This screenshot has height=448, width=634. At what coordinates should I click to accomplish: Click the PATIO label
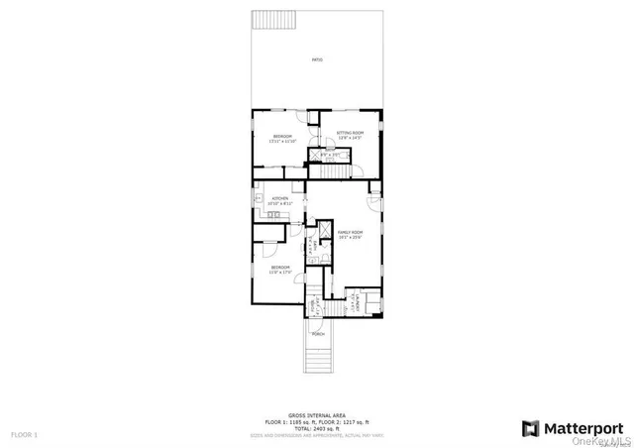(x=317, y=60)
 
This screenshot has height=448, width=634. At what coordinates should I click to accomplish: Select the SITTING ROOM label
(x=350, y=134)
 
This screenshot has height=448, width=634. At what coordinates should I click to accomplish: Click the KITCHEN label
(x=279, y=200)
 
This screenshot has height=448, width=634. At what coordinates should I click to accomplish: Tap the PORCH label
(x=318, y=334)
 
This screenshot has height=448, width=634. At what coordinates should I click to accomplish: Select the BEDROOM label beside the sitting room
(x=282, y=139)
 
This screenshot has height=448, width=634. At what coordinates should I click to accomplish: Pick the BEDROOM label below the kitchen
(x=280, y=270)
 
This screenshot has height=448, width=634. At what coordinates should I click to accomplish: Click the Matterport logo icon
(x=530, y=428)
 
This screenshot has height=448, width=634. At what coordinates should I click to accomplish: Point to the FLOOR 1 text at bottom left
(x=24, y=435)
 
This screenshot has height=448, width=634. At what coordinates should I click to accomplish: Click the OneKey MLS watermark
(x=611, y=442)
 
